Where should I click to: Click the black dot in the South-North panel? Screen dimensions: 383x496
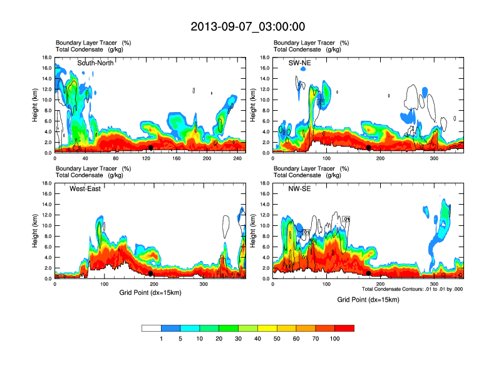point(151,148)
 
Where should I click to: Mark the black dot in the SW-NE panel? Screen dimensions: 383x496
point(369,148)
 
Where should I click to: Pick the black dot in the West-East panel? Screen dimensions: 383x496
point(151,273)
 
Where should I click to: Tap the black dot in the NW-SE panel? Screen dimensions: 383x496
point(369,273)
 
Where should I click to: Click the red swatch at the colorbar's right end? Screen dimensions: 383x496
point(344,328)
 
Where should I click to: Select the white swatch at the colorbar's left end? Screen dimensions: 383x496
point(152,328)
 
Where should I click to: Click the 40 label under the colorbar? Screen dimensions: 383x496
point(257,339)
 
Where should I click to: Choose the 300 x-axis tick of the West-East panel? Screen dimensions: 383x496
point(204,284)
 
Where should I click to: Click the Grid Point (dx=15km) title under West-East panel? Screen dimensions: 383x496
point(150,294)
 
